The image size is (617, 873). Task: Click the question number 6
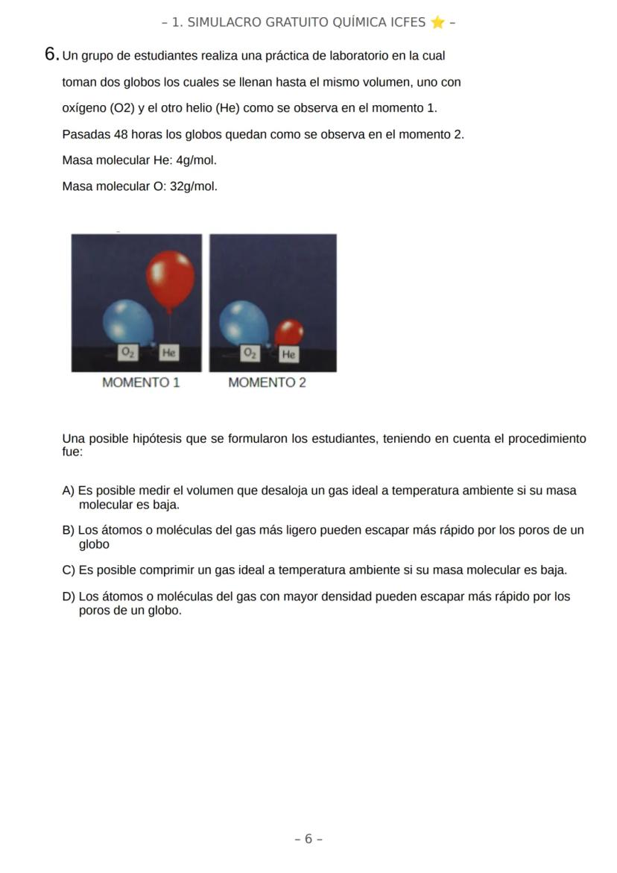(51, 54)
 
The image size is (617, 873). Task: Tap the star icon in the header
(437, 22)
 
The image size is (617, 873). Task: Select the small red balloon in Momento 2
(288, 332)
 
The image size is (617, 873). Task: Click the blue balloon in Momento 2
(244, 322)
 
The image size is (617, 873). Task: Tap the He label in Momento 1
(169, 353)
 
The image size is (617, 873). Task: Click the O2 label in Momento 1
(129, 353)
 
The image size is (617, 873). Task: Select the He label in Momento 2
(288, 355)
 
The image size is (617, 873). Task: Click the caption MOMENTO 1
(141, 382)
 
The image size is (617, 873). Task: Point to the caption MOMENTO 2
(267, 382)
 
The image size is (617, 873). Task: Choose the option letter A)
(69, 491)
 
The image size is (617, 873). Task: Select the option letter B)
(69, 530)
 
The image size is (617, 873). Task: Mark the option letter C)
(69, 570)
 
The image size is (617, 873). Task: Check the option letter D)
(69, 596)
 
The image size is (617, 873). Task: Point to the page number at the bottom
(308, 839)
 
